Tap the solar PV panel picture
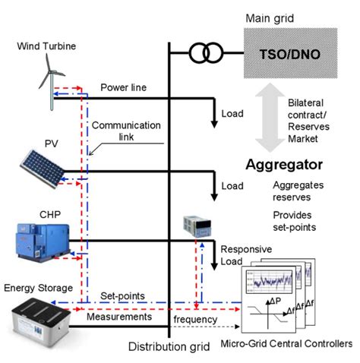[x=42, y=166]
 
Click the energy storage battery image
[x=38, y=323]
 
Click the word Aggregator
[x=284, y=164]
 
